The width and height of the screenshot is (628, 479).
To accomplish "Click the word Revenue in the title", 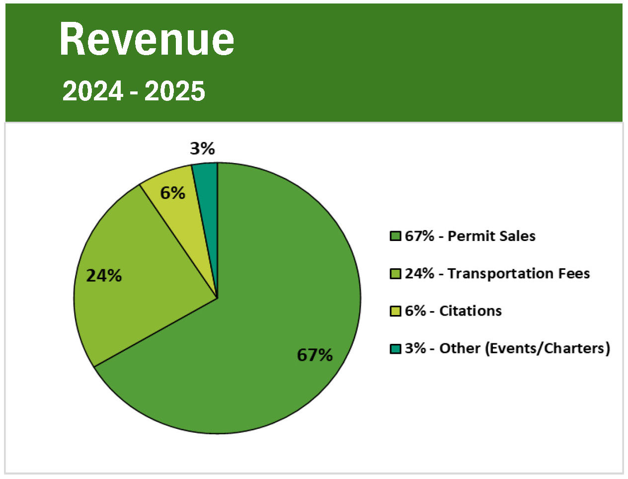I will (x=147, y=40).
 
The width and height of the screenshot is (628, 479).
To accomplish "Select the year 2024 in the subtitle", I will (x=92, y=91).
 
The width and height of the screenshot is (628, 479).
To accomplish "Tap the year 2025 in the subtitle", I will (x=175, y=91).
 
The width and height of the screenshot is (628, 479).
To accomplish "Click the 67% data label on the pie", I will (x=314, y=355).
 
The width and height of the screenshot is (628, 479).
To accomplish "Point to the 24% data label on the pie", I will (x=104, y=275).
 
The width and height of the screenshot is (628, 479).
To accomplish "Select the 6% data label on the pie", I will (x=172, y=193).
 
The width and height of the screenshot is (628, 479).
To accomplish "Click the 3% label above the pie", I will (x=202, y=148).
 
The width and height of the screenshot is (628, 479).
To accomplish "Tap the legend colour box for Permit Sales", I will (x=395, y=236).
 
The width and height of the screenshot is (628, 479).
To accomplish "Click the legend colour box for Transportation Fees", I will (x=395, y=274).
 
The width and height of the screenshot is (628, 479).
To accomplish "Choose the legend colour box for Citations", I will (x=395, y=311).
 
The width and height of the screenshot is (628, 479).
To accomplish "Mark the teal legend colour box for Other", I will (x=395, y=348).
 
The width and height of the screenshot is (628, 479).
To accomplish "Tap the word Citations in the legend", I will (x=470, y=311).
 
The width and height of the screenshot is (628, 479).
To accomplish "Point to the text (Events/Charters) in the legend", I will (x=547, y=348).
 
